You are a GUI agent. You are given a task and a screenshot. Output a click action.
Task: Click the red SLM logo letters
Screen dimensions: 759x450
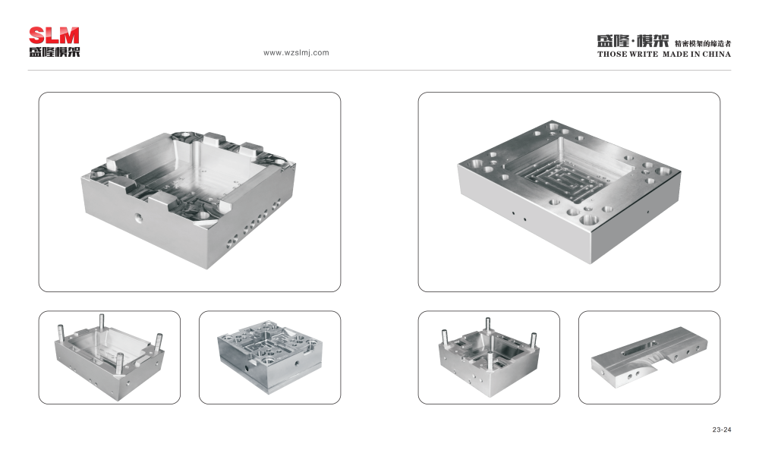[54, 36]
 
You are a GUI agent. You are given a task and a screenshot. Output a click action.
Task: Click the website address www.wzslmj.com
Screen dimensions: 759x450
[296, 53]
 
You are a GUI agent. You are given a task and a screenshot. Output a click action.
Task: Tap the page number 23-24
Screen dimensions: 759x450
[722, 430]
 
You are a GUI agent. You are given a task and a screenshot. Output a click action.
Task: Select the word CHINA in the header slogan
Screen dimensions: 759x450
[716, 54]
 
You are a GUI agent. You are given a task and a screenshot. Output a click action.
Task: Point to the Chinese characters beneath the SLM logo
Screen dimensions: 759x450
[54, 52]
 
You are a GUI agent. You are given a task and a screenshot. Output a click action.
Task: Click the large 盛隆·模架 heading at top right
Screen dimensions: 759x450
[633, 41]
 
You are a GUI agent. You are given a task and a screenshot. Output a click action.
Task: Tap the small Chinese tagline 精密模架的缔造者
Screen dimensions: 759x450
[703, 43]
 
